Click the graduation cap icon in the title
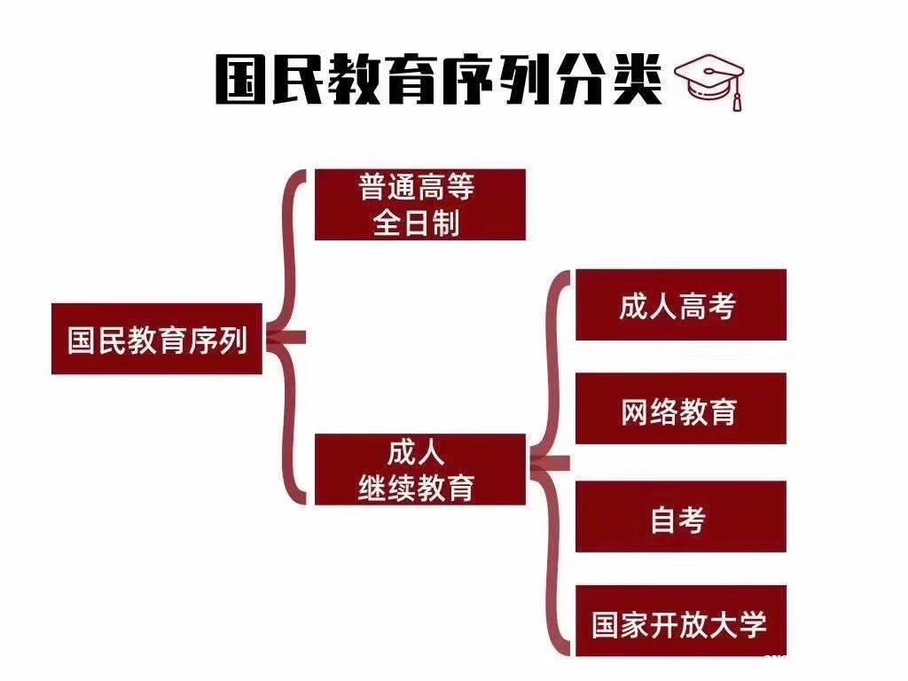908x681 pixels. (709, 78)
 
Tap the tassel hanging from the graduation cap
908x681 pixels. (735, 97)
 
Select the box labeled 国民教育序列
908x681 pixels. (157, 339)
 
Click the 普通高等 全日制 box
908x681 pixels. (419, 205)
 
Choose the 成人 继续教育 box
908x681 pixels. (419, 469)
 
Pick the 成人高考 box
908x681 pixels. (680, 305)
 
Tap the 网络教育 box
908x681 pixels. (680, 409)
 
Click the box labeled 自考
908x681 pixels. (680, 517)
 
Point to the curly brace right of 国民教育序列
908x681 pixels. (288, 337)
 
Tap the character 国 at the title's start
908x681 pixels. (242, 80)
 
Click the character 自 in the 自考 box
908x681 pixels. (664, 519)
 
